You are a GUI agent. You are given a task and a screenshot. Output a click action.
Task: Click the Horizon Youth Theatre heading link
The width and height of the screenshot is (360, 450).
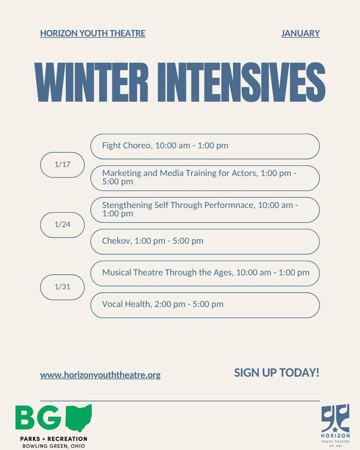[x=93, y=33]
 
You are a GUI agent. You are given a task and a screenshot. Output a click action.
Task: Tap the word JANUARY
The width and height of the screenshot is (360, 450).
[x=300, y=33]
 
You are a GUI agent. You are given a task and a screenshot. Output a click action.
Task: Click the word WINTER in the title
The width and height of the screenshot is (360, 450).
[x=91, y=82]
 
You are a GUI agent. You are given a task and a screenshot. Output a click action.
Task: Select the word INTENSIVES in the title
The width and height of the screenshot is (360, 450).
[x=241, y=82]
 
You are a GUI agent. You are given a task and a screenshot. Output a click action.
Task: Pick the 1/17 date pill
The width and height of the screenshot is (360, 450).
[x=62, y=165]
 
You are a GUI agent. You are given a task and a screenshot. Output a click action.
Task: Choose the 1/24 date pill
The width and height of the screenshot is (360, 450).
[x=62, y=225]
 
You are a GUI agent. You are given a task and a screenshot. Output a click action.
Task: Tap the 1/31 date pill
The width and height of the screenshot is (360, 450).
[x=62, y=287]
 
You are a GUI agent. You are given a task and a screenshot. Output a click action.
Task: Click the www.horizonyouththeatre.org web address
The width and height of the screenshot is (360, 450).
[x=100, y=375]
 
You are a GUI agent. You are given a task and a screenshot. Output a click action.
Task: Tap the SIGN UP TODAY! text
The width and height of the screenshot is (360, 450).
[x=277, y=373]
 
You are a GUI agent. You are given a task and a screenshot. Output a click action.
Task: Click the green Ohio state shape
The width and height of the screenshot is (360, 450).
[x=79, y=418]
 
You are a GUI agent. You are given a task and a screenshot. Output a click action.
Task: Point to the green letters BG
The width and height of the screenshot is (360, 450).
[x=38, y=418]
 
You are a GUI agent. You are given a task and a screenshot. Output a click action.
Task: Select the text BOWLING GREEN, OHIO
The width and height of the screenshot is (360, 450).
[x=54, y=446]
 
